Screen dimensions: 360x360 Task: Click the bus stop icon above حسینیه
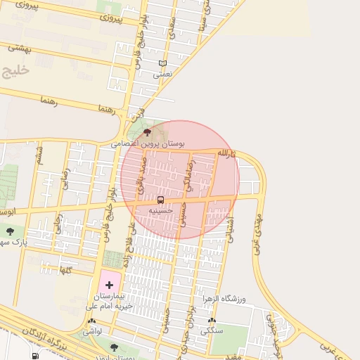(x=161, y=200)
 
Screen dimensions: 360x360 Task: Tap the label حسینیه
(x=162, y=210)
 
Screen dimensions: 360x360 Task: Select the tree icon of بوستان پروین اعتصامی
(x=146, y=132)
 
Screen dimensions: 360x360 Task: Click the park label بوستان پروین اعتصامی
(x=147, y=143)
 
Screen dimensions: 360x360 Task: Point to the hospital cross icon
(x=109, y=285)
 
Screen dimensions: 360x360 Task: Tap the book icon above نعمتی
(x=163, y=63)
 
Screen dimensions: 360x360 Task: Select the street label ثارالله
(x=224, y=153)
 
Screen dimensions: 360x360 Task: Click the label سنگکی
(x=211, y=329)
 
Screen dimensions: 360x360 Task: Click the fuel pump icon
(x=36, y=355)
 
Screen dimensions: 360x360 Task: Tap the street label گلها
(x=66, y=269)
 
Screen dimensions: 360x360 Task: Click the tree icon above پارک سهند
(x=10, y=230)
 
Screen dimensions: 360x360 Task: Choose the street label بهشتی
(x=20, y=48)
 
